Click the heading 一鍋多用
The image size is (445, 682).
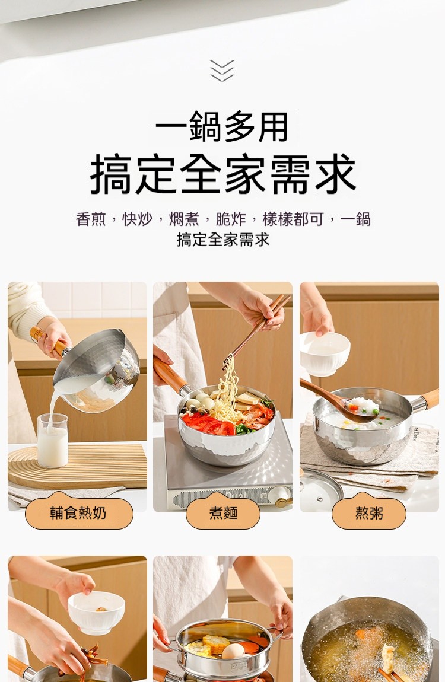point(223,126)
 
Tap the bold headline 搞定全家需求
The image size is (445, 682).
point(223,174)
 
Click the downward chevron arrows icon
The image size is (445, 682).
point(223,71)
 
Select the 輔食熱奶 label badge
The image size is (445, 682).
point(79,513)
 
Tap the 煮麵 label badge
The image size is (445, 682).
point(223,513)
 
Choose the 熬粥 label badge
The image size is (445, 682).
point(369,513)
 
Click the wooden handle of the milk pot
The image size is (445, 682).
point(47,341)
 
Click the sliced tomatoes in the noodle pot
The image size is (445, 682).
point(209,424)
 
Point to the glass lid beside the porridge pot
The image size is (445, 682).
point(321,489)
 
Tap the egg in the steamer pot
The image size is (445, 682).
point(234,651)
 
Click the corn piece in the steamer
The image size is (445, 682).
point(215,643)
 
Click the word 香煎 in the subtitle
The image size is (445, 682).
point(91,219)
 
